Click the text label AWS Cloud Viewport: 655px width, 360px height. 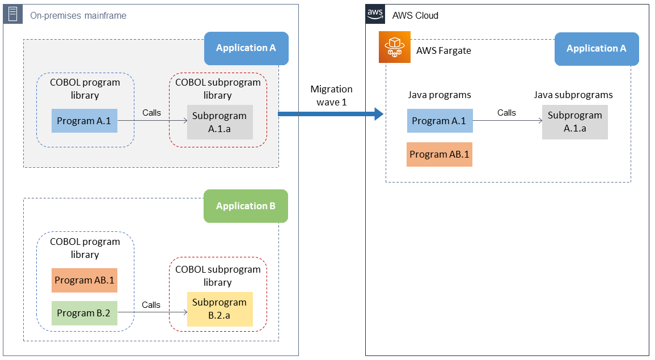[x=415, y=15]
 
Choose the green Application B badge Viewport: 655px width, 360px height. [x=246, y=206]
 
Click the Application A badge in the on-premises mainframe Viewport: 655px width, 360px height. [x=246, y=48]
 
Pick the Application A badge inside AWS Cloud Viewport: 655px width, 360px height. [x=596, y=49]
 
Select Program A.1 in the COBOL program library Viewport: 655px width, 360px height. [x=84, y=121]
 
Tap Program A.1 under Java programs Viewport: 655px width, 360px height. [x=440, y=121]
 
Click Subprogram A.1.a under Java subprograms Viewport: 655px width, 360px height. [x=574, y=122]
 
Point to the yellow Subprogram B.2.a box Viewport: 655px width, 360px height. [x=220, y=308]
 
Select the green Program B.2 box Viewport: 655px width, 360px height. [x=84, y=313]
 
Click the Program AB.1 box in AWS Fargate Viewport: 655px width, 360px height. [x=440, y=154]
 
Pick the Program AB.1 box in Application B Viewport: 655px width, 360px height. [x=84, y=280]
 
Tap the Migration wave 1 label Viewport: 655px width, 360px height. [x=331, y=95]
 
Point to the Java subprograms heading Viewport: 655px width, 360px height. [x=573, y=95]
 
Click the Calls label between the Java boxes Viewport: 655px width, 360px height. [x=506, y=113]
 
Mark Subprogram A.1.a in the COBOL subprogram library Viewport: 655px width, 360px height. [x=219, y=122]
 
